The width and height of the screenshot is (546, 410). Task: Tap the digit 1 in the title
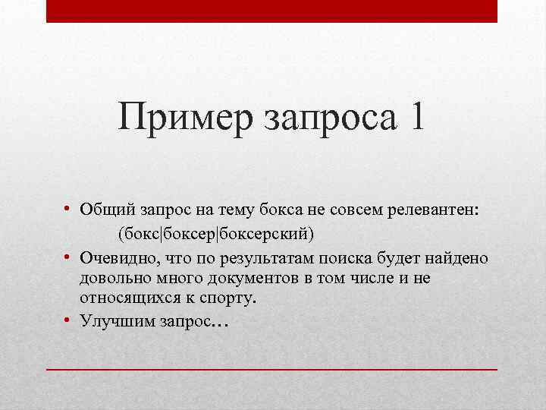point(416,119)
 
